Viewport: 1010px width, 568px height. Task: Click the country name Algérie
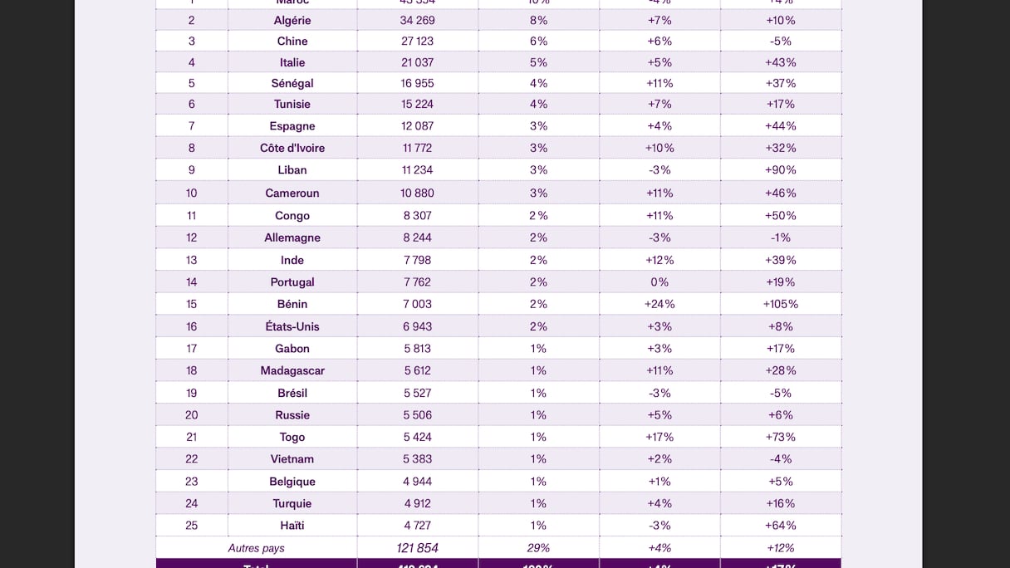click(292, 20)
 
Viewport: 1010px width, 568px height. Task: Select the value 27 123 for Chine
click(418, 41)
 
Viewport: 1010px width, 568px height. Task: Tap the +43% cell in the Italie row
click(781, 62)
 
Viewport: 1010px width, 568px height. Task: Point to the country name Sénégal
click(292, 83)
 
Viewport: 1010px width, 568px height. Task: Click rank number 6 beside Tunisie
click(192, 104)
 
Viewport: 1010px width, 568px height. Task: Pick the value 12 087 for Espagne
click(418, 126)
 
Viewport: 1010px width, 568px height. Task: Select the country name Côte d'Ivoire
click(292, 148)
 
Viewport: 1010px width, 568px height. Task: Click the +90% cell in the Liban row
click(781, 170)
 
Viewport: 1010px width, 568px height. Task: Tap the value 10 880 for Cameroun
click(418, 193)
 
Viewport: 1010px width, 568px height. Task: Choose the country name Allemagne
click(292, 237)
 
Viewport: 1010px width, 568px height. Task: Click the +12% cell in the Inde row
click(659, 260)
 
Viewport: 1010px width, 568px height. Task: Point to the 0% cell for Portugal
click(659, 282)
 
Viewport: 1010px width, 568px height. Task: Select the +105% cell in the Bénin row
click(781, 304)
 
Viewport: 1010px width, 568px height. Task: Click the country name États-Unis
click(292, 326)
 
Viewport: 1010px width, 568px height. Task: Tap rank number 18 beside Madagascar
click(192, 370)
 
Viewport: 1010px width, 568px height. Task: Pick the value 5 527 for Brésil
click(418, 393)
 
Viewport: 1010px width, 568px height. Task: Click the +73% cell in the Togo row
click(781, 437)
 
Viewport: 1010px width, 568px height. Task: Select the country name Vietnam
click(292, 459)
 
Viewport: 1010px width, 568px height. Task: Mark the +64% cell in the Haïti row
click(781, 526)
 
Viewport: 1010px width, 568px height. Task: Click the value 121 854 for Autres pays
click(418, 548)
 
